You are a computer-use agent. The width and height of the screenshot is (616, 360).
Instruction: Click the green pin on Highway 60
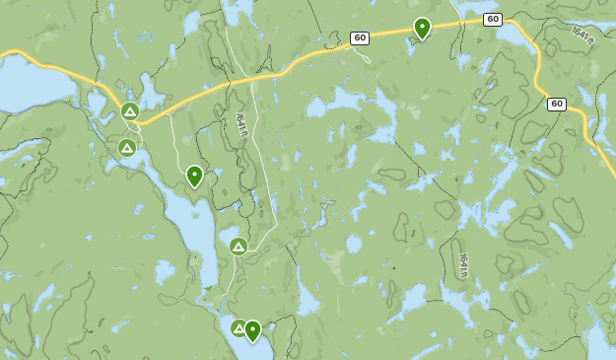422,28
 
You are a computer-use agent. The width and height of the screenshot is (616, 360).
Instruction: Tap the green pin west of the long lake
194,176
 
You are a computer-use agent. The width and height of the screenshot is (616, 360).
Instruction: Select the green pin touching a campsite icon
253,330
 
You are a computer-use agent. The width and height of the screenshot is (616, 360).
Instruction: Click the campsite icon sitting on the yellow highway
130,111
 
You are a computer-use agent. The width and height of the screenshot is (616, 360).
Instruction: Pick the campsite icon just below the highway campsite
126,148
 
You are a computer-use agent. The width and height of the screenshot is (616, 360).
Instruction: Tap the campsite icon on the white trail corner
238,247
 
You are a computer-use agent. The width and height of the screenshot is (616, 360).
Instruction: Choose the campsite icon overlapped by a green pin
238,328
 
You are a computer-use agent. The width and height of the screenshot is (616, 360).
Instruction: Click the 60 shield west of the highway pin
360,37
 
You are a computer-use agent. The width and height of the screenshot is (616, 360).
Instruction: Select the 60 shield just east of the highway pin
493,19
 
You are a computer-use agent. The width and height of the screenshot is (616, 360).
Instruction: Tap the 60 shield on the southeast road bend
557,104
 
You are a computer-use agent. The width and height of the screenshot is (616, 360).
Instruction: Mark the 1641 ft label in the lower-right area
463,265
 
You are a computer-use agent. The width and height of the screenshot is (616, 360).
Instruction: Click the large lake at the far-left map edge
30,84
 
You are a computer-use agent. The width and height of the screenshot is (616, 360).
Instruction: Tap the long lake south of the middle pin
197,237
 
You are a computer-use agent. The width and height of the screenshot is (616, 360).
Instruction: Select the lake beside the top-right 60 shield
513,35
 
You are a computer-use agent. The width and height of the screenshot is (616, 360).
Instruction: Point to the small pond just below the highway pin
412,46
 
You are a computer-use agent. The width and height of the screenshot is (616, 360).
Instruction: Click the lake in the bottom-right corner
599,340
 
